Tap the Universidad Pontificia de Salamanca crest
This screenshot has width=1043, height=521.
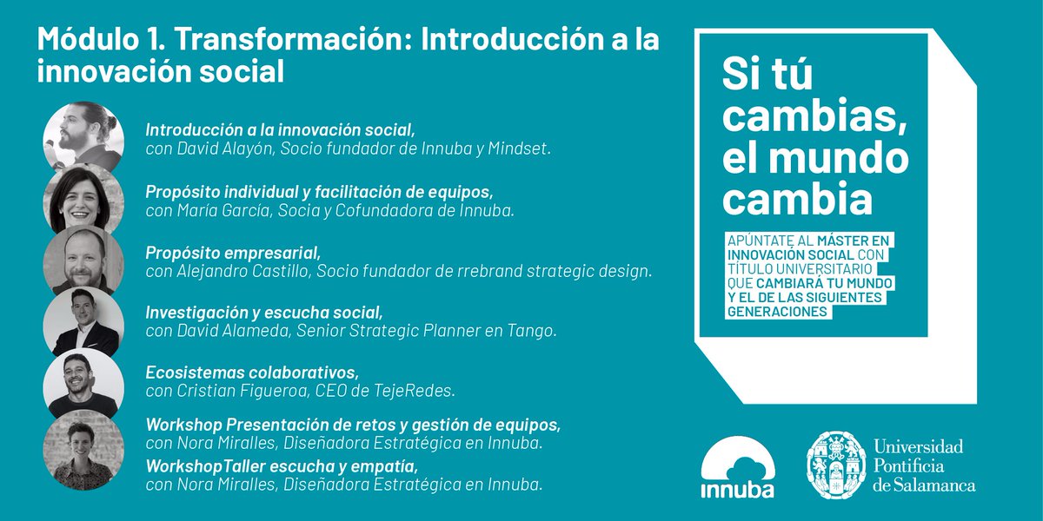(x=835, y=465)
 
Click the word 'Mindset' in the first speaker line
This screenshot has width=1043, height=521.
(x=520, y=148)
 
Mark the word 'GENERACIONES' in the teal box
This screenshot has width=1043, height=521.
(x=776, y=313)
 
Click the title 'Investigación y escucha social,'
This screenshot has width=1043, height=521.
(x=264, y=312)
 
